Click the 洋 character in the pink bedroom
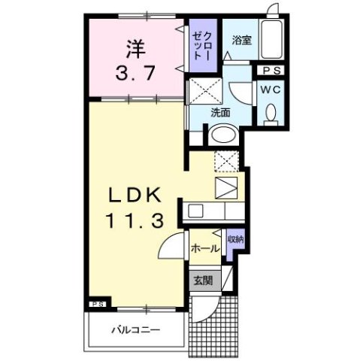coord(135,50)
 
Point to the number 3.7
coord(135,74)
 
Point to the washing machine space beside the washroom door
coord(204,92)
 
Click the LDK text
coord(135,194)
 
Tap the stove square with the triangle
coord(225,187)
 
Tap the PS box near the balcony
coord(97,305)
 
